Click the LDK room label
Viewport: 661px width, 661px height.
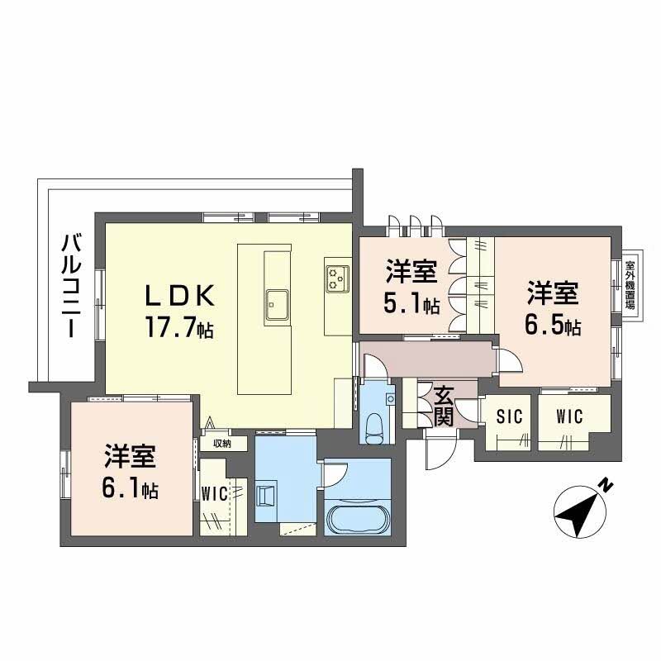[x=180, y=297]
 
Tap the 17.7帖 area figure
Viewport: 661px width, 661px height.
[x=179, y=327]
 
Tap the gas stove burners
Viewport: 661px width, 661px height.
[x=337, y=278]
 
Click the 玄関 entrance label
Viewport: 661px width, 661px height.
[x=445, y=406]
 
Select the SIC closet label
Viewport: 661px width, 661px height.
[x=510, y=416]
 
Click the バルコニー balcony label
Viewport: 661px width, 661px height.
[x=72, y=285]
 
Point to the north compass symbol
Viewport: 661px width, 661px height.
[x=580, y=511]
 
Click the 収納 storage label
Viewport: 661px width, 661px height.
[x=222, y=444]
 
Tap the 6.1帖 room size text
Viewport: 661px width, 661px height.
[x=130, y=488]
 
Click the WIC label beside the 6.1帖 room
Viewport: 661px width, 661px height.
[x=215, y=493]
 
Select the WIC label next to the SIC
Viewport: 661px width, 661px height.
[x=569, y=416]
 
